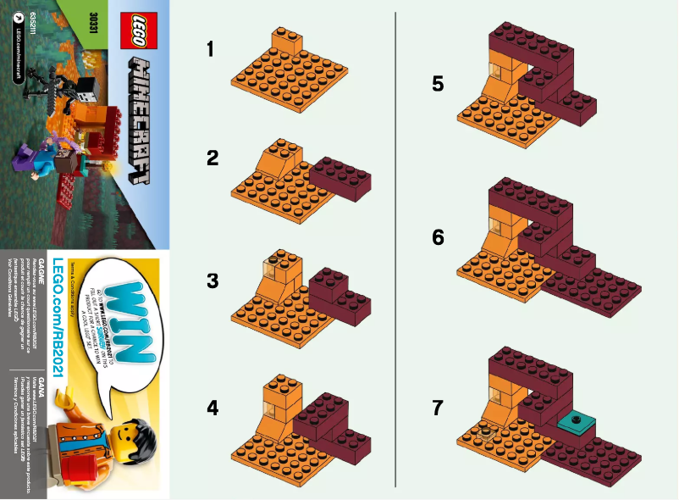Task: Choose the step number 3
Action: pos(212,281)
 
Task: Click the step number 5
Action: pos(437,83)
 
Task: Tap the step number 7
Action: pos(437,408)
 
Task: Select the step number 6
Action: pos(437,237)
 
